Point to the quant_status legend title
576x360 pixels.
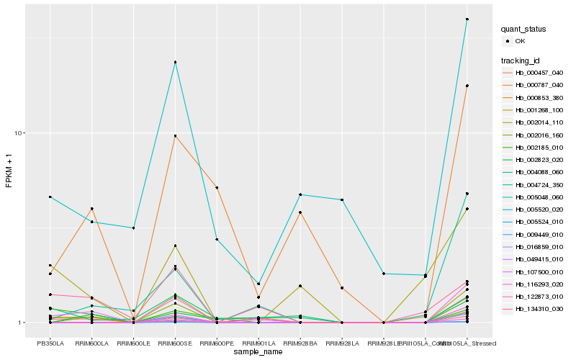click(x=523, y=30)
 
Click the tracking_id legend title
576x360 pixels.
click(x=521, y=60)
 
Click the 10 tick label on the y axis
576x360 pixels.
click(x=19, y=133)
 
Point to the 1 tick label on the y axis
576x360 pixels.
click(x=22, y=323)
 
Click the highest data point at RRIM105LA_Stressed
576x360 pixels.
click(x=467, y=19)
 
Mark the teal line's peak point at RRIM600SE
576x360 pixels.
click(x=175, y=62)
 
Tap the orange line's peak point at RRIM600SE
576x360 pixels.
click(x=175, y=136)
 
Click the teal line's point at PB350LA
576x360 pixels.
click(x=50, y=197)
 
